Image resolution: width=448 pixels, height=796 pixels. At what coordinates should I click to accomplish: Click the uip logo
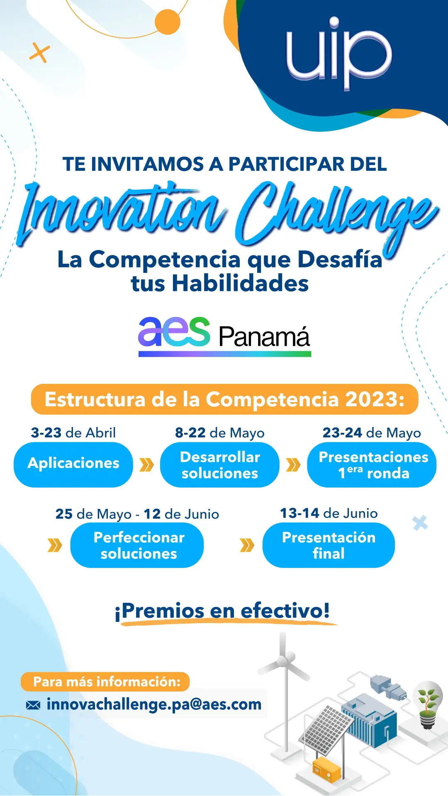339,53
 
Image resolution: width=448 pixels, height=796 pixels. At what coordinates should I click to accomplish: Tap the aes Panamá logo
224,336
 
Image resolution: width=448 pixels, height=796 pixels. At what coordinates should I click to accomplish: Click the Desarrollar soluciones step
220,464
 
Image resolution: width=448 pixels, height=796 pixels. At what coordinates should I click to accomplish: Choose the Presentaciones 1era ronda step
372,464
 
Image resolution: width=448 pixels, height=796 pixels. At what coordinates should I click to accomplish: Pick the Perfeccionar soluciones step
137,545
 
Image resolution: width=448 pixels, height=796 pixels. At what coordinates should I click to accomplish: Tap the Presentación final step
329,545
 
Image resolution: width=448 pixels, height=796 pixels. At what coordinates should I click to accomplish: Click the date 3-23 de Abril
73,433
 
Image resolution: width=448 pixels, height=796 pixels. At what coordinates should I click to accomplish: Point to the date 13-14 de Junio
329,513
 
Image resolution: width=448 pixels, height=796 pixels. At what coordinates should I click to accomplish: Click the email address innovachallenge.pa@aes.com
154,704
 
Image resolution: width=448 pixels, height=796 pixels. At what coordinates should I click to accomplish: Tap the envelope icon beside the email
33,705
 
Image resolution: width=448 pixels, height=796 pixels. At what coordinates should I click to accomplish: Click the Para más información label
105,682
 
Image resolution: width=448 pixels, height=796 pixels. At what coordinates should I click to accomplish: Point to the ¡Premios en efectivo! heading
223,611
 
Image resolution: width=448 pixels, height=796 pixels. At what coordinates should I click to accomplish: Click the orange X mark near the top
40,53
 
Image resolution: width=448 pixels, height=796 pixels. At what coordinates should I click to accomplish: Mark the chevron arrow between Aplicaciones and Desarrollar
146,465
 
